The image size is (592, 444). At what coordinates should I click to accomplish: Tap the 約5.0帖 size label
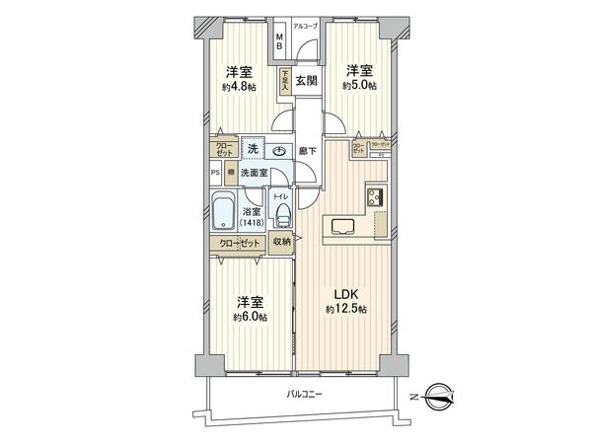click(x=360, y=86)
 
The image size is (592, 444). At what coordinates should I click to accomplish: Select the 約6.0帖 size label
click(x=250, y=317)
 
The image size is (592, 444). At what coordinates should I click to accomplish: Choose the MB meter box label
click(x=280, y=42)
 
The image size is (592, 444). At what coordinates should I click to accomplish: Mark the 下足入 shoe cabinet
click(x=284, y=80)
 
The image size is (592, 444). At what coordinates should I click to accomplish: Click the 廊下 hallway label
click(x=307, y=150)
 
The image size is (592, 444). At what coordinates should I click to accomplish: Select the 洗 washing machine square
click(x=253, y=148)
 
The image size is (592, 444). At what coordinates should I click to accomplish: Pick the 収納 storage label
click(x=281, y=242)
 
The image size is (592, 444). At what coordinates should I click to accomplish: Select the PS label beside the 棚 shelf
click(x=214, y=171)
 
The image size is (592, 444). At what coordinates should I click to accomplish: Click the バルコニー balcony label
click(x=307, y=394)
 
